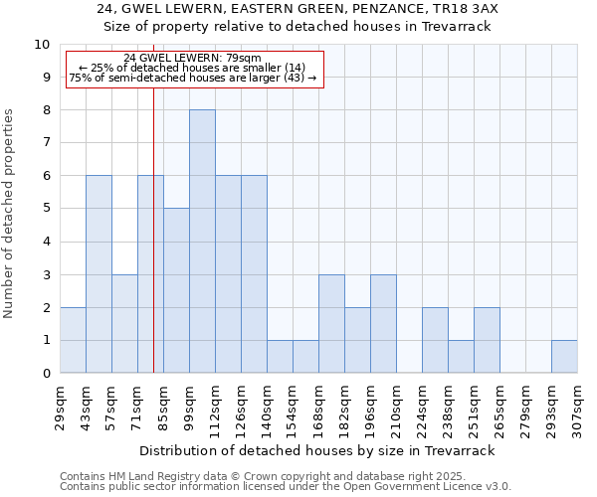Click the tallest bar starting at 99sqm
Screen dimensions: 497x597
click(202, 242)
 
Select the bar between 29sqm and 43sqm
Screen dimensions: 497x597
click(73, 340)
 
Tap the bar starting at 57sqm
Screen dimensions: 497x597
click(124, 324)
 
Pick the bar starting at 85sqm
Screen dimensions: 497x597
click(176, 291)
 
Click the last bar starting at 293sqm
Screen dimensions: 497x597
click(564, 357)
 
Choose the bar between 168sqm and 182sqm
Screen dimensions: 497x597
click(331, 324)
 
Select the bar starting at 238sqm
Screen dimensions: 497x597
click(461, 357)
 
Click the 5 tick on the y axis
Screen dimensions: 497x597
click(45, 209)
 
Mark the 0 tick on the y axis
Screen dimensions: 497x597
click(45, 374)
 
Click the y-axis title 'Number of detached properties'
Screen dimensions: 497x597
click(10, 214)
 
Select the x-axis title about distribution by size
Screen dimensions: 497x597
click(317, 450)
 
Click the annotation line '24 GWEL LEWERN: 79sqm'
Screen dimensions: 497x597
click(193, 58)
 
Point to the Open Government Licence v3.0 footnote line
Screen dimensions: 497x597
click(286, 487)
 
